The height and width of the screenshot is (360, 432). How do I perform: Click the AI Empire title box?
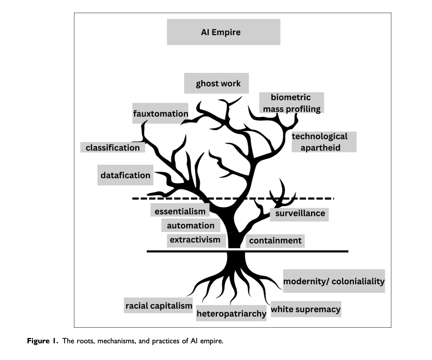(x=223, y=32)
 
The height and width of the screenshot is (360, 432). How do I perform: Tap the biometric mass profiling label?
(x=292, y=103)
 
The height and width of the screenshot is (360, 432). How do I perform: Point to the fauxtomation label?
(x=160, y=114)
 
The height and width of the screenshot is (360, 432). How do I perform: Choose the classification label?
(x=112, y=148)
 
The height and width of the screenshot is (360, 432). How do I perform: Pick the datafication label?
(x=125, y=175)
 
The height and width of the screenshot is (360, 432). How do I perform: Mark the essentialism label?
(x=180, y=211)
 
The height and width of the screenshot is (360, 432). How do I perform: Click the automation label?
(x=190, y=225)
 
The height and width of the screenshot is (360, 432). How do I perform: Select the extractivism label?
(x=195, y=240)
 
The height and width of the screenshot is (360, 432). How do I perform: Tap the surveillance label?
(x=300, y=213)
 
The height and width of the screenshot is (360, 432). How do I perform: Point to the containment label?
(x=275, y=241)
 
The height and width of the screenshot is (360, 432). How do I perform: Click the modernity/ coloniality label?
(x=334, y=281)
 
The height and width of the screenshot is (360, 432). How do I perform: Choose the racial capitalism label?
(x=159, y=305)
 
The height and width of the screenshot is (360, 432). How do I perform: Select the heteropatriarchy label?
(x=231, y=313)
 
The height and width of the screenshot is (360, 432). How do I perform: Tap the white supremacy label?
(x=305, y=309)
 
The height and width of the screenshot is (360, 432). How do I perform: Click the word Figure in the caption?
(x=39, y=342)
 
